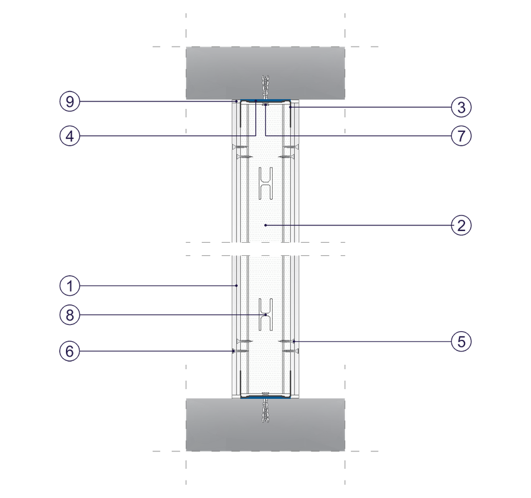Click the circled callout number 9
(x=70, y=101)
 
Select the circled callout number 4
(x=70, y=136)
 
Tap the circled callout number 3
(x=461, y=107)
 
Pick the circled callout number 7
(x=461, y=136)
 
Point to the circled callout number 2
(x=461, y=225)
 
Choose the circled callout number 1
(x=70, y=286)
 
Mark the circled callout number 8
(x=70, y=315)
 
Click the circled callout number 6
(x=70, y=351)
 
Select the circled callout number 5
(x=461, y=342)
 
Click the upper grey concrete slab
(x=265, y=73)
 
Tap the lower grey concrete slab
(x=265, y=425)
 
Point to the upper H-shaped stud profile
(x=266, y=183)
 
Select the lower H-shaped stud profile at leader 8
(x=266, y=314)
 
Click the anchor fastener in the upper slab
(x=265, y=87)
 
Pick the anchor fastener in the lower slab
(x=265, y=410)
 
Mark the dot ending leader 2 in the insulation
(x=266, y=225)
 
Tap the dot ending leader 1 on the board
(x=237, y=286)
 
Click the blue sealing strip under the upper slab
(x=265, y=100)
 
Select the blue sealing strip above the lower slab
(x=265, y=397)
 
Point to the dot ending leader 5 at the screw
(x=294, y=342)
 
